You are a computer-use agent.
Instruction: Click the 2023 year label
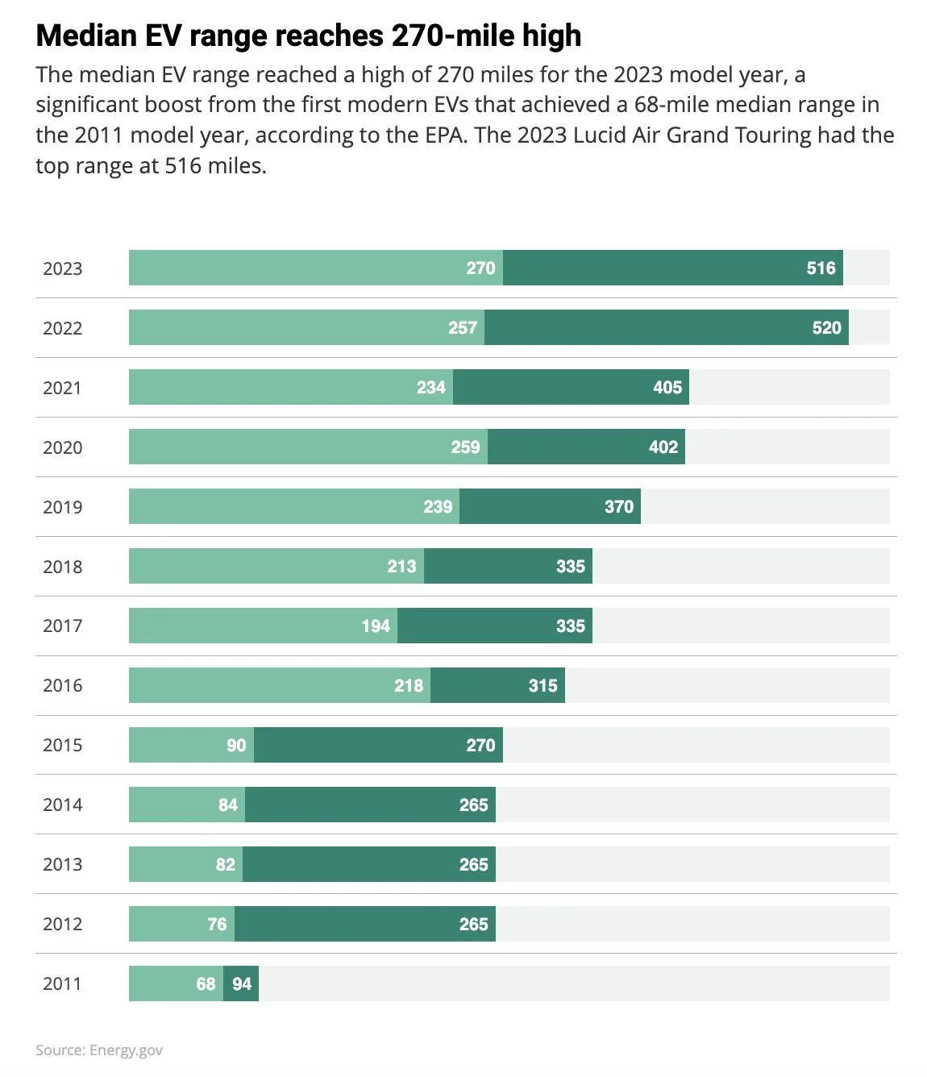tap(62, 268)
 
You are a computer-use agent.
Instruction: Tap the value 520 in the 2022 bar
tap(826, 328)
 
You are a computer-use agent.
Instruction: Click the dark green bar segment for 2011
tap(241, 983)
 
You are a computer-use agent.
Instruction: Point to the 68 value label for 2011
tap(206, 983)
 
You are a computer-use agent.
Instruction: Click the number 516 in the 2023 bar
tap(821, 268)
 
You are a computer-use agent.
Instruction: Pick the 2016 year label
tap(62, 685)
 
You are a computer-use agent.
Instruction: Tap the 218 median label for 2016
tap(408, 685)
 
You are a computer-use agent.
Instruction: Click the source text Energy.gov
tap(126, 1050)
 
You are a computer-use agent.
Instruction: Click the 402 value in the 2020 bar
tap(663, 447)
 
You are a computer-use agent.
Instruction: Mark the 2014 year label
tap(62, 805)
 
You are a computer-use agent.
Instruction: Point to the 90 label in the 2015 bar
tap(236, 745)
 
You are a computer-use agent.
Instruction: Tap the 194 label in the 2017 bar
tap(375, 626)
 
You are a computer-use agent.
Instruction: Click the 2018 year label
tap(62, 567)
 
